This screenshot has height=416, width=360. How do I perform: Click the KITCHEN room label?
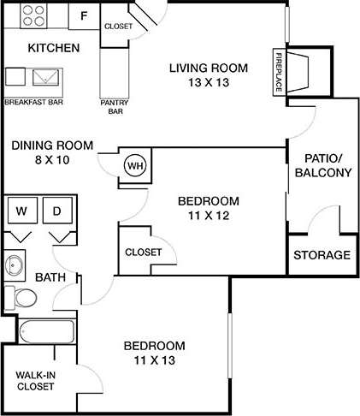coord(54,47)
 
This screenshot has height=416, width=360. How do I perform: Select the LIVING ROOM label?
coord(208,68)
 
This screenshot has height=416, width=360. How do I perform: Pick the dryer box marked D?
coord(58,211)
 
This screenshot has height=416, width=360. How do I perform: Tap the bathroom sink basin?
coord(15,264)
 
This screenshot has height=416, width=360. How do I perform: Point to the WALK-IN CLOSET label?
coord(34,380)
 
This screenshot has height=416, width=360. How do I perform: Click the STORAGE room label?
coord(322,255)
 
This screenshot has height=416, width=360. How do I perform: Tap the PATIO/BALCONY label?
coord(322,165)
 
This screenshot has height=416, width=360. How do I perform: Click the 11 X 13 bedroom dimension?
coord(155,362)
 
